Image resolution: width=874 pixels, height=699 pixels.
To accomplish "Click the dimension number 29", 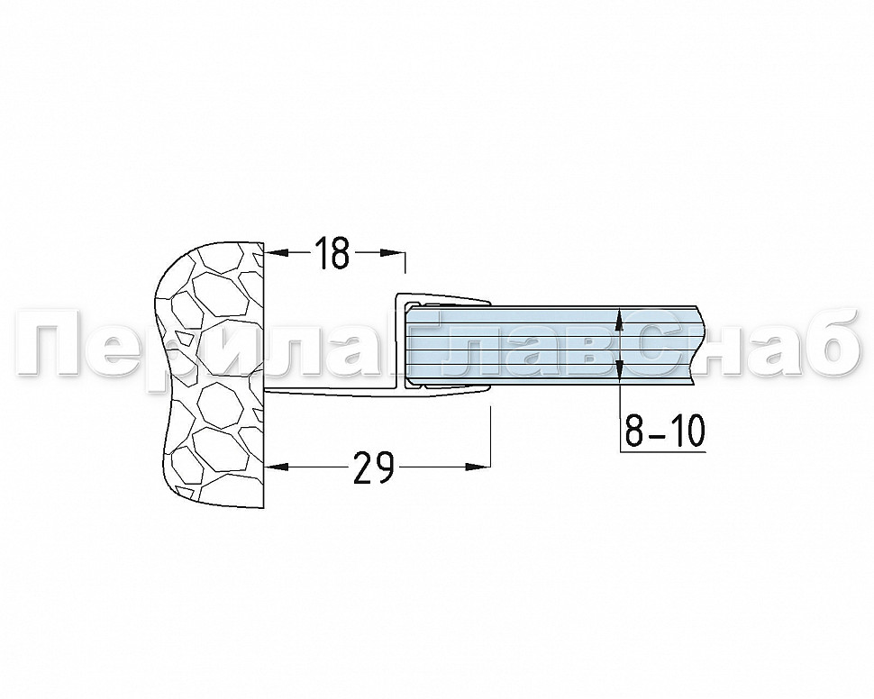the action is [x=374, y=467].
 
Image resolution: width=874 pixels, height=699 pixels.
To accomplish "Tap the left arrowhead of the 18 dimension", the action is [x=278, y=253].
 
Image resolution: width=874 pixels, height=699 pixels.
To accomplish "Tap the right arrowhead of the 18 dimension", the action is [x=393, y=253].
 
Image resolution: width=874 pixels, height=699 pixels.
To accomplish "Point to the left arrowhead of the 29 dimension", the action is [x=278, y=467].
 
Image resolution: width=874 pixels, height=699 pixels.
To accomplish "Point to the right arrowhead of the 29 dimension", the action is [x=478, y=467].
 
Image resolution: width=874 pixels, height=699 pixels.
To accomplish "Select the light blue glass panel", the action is [x=551, y=346].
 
